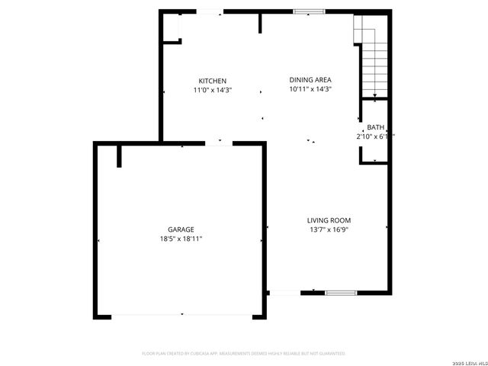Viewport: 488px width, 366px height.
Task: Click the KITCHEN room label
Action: pos(212,81)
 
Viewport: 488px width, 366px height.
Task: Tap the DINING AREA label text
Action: pos(310,79)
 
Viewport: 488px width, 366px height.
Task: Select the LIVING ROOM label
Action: pos(329,220)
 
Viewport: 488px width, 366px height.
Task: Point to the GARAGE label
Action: pos(181,230)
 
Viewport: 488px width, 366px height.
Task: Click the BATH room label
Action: pos(376,127)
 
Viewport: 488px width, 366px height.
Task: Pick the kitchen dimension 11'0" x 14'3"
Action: pos(212,90)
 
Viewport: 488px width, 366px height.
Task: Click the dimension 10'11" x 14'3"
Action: pos(310,89)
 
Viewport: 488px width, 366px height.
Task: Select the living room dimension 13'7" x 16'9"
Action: pos(329,230)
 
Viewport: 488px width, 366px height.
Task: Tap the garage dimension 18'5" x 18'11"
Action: pos(181,239)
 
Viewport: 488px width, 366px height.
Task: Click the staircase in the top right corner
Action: pos(372,57)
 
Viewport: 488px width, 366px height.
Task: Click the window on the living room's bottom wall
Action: pos(341,293)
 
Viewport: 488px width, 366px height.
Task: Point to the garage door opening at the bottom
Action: pos(181,315)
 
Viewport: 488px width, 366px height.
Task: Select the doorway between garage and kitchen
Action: pos(219,143)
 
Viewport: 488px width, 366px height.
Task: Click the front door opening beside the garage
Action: pos(284,293)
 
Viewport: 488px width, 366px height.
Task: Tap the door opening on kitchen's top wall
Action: pos(210,11)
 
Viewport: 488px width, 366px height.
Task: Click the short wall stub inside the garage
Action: pos(120,156)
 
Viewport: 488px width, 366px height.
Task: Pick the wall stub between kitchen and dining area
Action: pos(260,23)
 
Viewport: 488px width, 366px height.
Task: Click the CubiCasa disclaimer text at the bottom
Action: pos(244,354)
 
